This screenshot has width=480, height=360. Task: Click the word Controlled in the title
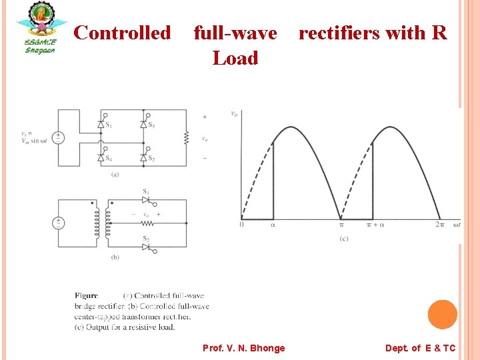click(x=122, y=33)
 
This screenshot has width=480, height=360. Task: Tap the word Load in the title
click(x=235, y=59)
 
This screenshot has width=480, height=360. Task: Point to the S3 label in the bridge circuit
click(x=152, y=125)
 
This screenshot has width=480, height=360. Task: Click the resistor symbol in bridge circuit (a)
click(x=187, y=139)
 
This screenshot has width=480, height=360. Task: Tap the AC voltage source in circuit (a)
click(x=59, y=137)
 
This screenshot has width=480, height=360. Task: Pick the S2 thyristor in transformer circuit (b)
click(x=145, y=247)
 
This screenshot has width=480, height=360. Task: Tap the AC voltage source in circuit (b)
click(x=59, y=223)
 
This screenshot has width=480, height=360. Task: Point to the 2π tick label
click(x=439, y=225)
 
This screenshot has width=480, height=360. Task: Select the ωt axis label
click(x=457, y=225)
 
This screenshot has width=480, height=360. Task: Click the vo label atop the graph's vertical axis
click(x=234, y=113)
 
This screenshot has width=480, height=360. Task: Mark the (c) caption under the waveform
click(x=343, y=239)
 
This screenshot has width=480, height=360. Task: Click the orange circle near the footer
click(x=442, y=314)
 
